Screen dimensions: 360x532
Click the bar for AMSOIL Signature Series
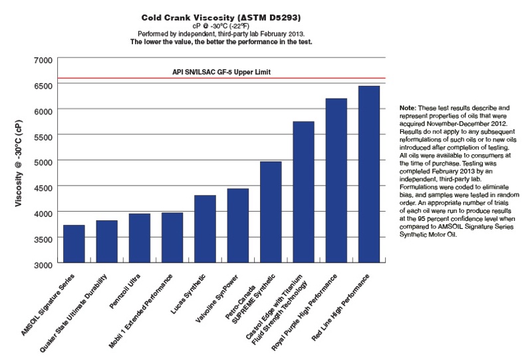[x=74, y=244]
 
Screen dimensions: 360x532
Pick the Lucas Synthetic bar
[x=204, y=229]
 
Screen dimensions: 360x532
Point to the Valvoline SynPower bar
[x=237, y=226]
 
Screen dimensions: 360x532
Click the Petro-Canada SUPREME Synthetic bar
[x=270, y=212]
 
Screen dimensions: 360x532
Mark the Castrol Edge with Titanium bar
[x=303, y=192]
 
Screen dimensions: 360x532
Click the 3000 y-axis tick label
[x=42, y=264]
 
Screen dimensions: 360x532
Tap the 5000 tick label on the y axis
[x=42, y=162]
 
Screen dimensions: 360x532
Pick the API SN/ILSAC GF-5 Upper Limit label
[x=219, y=71]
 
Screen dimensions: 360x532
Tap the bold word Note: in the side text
[x=408, y=107]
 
